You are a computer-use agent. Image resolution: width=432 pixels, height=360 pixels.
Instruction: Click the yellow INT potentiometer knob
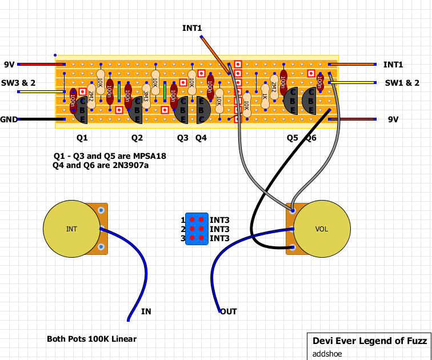(71, 229)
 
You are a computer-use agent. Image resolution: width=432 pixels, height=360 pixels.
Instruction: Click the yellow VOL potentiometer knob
(322, 229)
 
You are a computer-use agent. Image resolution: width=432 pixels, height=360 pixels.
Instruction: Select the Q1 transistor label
(82, 138)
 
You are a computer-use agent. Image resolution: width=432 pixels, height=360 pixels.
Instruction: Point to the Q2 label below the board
(137, 138)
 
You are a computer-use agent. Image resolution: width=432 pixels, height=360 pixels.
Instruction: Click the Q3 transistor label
(182, 138)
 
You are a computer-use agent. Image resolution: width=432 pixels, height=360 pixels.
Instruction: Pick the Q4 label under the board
(201, 138)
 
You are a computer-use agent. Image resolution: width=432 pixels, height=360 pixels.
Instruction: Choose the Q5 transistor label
(293, 138)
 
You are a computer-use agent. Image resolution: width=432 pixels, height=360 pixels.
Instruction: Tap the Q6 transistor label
(311, 138)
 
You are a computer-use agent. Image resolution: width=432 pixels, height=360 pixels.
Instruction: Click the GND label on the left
(9, 119)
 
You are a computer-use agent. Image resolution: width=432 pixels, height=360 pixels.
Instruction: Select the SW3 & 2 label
(18, 83)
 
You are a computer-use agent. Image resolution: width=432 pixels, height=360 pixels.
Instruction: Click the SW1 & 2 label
(402, 83)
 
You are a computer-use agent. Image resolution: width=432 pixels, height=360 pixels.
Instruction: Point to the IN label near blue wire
(146, 311)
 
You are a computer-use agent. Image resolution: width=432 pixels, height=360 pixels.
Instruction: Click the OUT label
(229, 311)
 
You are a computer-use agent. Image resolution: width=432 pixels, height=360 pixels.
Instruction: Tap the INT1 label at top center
(192, 28)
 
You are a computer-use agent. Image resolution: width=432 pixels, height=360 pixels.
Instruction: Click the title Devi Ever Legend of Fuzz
(370, 341)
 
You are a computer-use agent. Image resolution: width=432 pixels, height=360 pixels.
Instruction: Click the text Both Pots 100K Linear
(92, 339)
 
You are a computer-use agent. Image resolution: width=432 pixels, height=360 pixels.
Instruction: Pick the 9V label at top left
(9, 65)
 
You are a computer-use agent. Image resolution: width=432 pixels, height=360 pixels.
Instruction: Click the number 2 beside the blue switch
(183, 229)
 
